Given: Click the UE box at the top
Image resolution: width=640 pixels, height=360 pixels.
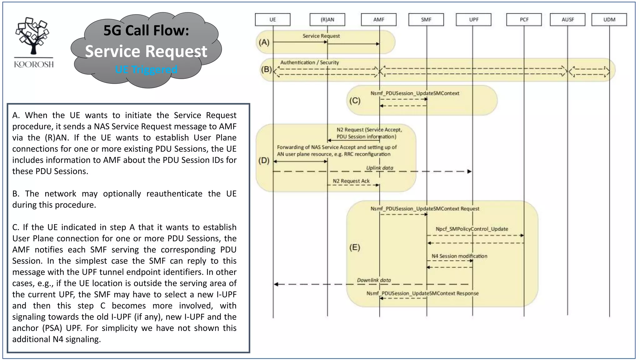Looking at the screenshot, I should point(272,19).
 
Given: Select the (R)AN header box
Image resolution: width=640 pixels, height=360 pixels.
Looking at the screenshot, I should point(327,19).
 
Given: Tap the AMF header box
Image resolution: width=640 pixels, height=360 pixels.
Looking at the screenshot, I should point(378,19).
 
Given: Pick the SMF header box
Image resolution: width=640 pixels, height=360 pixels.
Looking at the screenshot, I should point(426,19).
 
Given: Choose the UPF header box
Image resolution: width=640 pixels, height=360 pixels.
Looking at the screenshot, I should point(473,19).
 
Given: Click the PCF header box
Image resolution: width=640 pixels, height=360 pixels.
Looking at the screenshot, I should point(524,19).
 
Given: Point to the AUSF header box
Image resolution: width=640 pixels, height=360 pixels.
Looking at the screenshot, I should point(567,19).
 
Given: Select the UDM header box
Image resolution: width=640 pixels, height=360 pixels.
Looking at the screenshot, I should point(609,19).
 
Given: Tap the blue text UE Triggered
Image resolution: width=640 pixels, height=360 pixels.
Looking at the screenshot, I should point(146,69).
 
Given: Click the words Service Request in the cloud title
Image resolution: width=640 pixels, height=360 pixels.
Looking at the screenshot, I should point(146,51).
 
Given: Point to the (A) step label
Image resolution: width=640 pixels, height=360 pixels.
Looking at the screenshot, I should point(264,42).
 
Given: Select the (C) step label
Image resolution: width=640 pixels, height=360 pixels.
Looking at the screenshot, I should point(355,101).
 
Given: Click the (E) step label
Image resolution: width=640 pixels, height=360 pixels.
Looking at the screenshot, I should point(355,247).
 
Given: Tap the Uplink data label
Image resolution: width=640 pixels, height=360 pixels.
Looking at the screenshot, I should point(379,168).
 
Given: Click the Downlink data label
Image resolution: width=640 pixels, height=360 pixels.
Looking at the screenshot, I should point(374,280).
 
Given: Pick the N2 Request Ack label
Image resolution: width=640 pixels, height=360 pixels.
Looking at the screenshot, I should point(351,181).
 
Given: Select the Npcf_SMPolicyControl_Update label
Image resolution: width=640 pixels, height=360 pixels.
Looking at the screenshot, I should point(472,229).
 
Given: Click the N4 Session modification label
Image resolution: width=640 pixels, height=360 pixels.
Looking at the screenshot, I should point(459,256).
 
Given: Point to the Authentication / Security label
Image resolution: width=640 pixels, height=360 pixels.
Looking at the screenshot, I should point(309,62).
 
